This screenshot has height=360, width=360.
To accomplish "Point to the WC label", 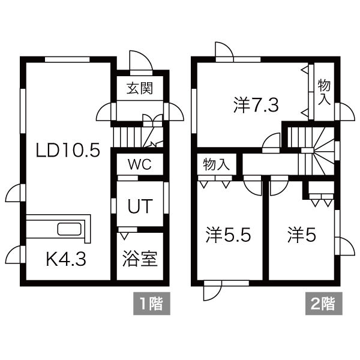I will coord(139,164).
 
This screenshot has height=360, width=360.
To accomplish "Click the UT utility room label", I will coord(139,205).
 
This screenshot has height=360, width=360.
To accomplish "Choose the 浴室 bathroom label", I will coord(139,259).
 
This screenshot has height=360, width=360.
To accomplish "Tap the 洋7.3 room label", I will coord(255,106).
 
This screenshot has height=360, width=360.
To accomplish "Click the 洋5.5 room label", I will coord(228,235).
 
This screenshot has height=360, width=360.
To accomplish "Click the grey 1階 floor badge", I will coord(151,304).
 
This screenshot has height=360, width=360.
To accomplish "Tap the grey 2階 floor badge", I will coord(323,304).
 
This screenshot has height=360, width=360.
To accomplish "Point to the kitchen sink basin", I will coord(71,229).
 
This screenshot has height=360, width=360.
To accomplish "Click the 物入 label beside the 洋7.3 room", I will coord(324,91).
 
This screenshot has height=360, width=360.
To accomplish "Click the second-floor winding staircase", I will coord(315,150).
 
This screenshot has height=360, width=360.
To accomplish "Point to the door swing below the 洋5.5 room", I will coord(212,291).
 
